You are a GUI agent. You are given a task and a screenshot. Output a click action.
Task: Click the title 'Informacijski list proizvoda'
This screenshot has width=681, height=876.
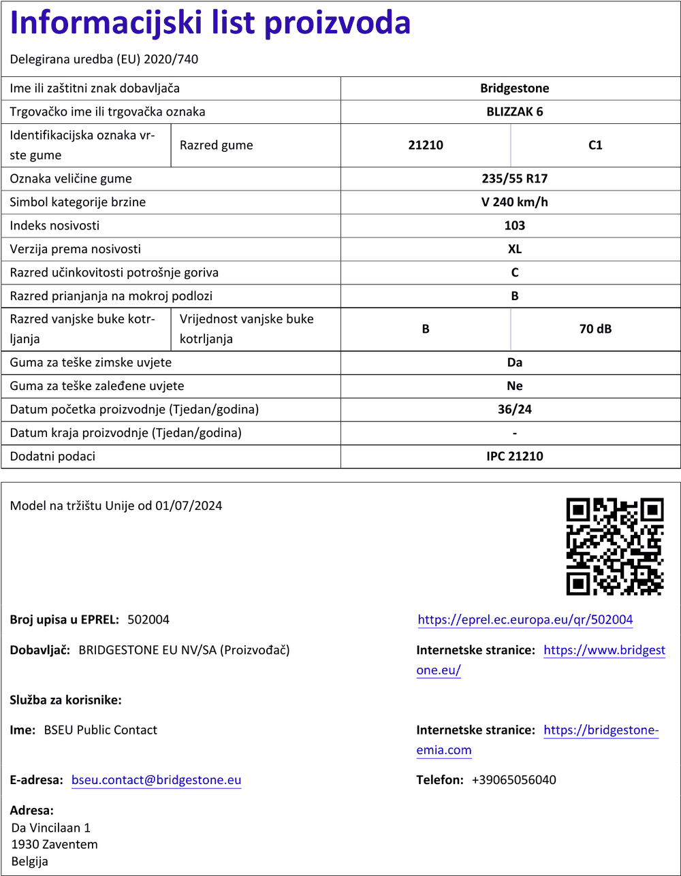(x=210, y=24)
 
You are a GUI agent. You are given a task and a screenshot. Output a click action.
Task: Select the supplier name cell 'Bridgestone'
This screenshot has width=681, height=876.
(x=514, y=88)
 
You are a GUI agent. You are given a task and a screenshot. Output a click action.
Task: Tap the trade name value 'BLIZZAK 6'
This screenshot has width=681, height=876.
(x=514, y=112)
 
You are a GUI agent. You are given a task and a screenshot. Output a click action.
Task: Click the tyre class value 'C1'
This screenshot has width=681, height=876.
(x=595, y=145)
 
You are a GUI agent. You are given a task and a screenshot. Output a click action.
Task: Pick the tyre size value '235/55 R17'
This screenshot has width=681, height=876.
(x=514, y=179)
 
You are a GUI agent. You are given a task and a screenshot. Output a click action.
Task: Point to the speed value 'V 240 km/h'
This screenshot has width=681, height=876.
(x=514, y=202)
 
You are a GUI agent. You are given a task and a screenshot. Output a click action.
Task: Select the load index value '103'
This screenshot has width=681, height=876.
(x=514, y=225)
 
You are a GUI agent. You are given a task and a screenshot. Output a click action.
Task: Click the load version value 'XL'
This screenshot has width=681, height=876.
(x=514, y=249)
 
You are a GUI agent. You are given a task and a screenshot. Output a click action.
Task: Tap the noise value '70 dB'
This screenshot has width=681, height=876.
(x=595, y=329)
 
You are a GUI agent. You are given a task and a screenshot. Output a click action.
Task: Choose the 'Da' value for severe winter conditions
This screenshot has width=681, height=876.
(x=514, y=363)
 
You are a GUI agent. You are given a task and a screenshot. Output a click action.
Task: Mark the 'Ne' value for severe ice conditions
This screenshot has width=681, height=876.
(x=514, y=386)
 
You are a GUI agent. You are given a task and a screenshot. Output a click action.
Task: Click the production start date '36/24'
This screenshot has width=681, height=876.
(x=514, y=410)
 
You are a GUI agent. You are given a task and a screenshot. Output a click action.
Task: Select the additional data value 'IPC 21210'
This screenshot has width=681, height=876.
(x=514, y=456)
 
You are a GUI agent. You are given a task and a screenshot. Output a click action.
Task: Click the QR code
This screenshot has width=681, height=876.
(x=615, y=547)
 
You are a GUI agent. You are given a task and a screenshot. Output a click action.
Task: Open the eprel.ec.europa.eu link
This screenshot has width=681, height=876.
(x=525, y=619)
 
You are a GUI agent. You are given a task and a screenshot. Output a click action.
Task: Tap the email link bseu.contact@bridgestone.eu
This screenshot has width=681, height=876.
(x=156, y=780)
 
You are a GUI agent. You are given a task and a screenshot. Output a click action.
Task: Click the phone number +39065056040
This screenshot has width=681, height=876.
(x=513, y=780)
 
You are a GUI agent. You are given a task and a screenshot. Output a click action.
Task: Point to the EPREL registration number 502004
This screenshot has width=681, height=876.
(x=148, y=619)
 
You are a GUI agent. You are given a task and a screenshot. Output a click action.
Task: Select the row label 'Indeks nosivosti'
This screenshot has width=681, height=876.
(x=54, y=225)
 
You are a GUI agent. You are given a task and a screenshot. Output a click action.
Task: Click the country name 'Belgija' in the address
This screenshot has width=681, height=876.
(x=30, y=861)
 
